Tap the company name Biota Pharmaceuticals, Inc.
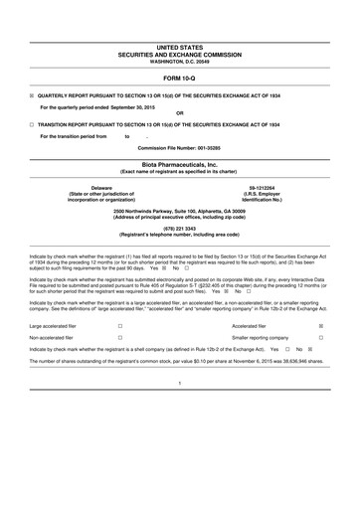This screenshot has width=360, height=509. pyautogui.click(x=180, y=164)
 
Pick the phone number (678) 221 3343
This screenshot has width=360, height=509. pyautogui.click(x=180, y=225)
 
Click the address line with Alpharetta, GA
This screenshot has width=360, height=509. pyautogui.click(x=180, y=208)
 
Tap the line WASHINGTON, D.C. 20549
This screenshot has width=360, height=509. pyautogui.click(x=180, y=62)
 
